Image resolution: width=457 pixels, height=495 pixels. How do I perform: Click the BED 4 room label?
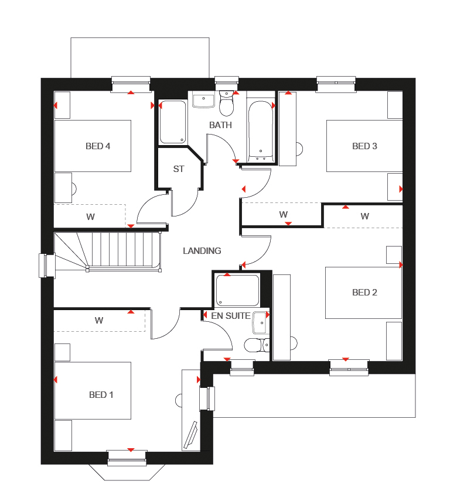pos(98,146)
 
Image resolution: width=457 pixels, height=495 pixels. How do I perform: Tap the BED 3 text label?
pos(364,146)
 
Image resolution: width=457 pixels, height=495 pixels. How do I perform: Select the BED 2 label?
pos(364,293)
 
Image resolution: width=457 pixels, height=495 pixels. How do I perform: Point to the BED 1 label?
pos(101,395)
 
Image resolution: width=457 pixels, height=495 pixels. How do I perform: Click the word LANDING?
pos(202,251)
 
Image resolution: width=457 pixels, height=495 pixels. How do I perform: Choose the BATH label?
pos(221,125)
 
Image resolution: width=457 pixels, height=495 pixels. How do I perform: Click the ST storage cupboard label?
pos(179,169)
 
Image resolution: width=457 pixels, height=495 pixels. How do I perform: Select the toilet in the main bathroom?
pos(226,104)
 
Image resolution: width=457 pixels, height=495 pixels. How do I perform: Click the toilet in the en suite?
pos(255,345)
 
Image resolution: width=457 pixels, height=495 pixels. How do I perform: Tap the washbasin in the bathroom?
pos(203,101)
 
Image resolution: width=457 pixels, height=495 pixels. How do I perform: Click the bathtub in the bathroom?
pos(261,132)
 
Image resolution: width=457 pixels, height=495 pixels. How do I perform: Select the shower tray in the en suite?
pos(237,290)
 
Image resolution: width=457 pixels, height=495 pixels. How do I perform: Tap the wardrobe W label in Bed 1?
pos(99,321)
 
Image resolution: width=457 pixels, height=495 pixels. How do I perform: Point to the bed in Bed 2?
pos(364,293)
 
